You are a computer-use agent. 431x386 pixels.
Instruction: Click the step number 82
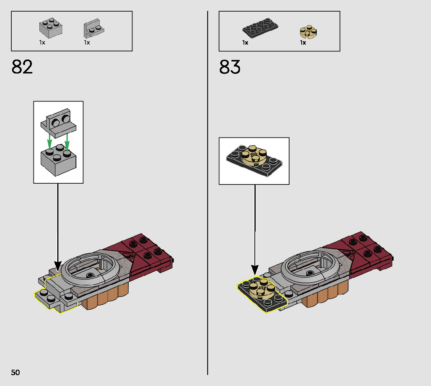click(x=22, y=67)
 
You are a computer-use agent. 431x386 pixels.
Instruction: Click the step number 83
click(x=230, y=67)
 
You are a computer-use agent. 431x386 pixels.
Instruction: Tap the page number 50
click(x=15, y=372)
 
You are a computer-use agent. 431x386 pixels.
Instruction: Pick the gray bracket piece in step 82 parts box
click(x=93, y=28)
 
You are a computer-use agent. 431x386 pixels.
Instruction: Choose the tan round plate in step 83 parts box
click(x=309, y=32)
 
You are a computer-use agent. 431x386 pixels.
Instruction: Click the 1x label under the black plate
click(x=245, y=42)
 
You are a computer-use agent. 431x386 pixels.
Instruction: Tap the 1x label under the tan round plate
click(x=303, y=42)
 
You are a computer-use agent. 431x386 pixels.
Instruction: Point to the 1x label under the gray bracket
click(x=87, y=42)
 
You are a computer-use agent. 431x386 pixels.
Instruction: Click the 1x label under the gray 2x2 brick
click(x=42, y=42)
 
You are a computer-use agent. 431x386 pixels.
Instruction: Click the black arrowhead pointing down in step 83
click(x=254, y=269)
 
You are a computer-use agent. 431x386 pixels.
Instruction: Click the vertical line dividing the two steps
click(x=208, y=195)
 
